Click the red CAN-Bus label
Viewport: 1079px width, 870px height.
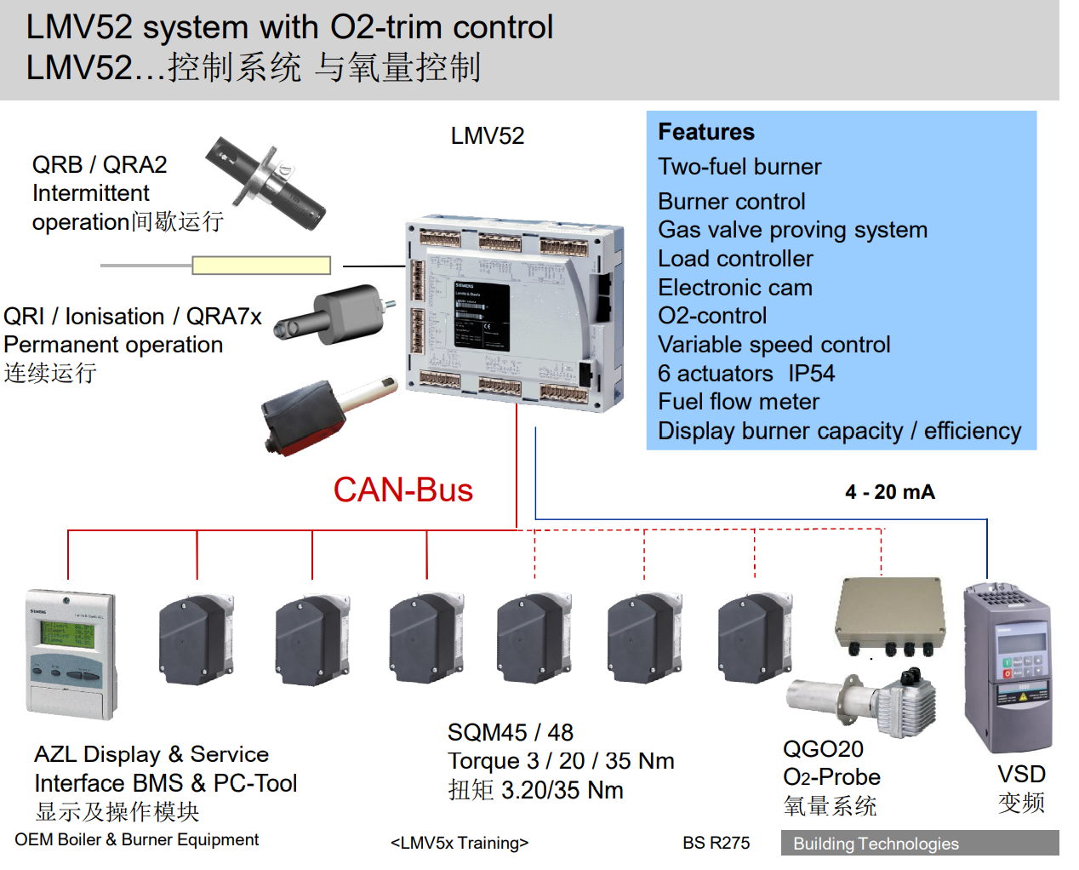tap(402, 490)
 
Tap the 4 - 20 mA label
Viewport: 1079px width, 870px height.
tap(889, 492)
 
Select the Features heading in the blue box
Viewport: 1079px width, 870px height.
tap(705, 132)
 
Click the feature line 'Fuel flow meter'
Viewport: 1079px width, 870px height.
tap(738, 402)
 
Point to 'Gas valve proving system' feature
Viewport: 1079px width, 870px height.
tap(792, 230)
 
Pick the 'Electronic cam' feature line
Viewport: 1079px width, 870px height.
tap(734, 288)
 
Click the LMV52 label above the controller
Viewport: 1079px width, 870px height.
tap(487, 136)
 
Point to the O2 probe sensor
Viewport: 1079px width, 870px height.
tap(859, 698)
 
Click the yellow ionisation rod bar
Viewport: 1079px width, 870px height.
tap(260, 266)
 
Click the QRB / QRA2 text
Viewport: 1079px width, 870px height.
tap(100, 164)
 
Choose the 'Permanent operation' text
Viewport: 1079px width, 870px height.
tap(113, 345)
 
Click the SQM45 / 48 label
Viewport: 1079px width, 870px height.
tap(510, 733)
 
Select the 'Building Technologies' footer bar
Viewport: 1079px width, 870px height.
tap(919, 844)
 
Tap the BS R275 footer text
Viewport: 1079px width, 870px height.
tap(716, 843)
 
